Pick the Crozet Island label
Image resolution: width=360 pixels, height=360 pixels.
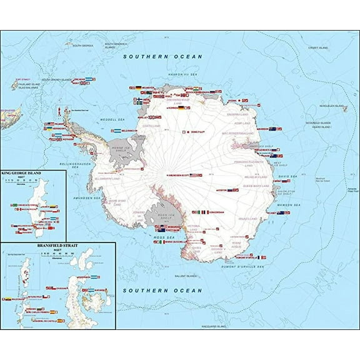point(317,48)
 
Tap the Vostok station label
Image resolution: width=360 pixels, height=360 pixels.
point(222,189)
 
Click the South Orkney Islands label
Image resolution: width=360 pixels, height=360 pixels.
point(55,79)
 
